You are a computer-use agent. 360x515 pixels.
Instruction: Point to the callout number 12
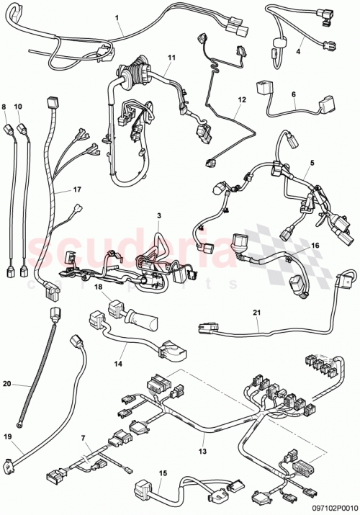[242, 100]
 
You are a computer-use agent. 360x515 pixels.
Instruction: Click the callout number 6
[293, 94]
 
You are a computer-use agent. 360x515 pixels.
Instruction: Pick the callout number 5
[311, 163]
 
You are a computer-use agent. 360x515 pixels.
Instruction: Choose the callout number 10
[19, 106]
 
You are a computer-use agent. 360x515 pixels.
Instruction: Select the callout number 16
[314, 246]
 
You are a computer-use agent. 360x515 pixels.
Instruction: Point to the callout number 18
[99, 287]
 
